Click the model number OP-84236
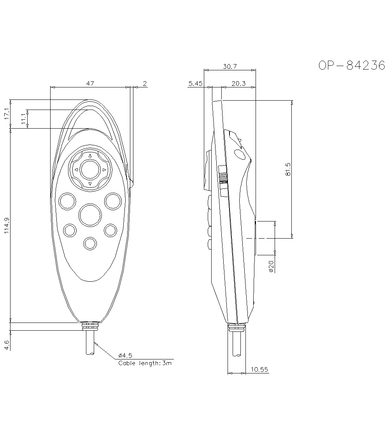[x=352, y=66]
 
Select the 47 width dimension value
[x=90, y=83]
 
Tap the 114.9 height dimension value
[x=7, y=225]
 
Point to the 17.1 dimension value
[x=7, y=114]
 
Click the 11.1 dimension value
[x=24, y=119]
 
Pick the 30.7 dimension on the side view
[x=230, y=66]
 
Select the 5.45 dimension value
[x=195, y=84]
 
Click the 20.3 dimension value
[x=238, y=84]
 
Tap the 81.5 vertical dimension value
[x=288, y=169]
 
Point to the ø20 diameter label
[x=271, y=266]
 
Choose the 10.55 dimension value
[x=259, y=370]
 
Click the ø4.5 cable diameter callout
[x=125, y=355]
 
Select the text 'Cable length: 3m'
[x=145, y=363]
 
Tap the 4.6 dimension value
[x=7, y=345]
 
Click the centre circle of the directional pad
[x=90, y=169]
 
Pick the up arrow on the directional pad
[x=90, y=156]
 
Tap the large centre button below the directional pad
[x=90, y=215]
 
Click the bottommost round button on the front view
[x=90, y=244]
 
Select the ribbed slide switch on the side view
[x=223, y=181]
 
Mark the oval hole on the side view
[x=240, y=155]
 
